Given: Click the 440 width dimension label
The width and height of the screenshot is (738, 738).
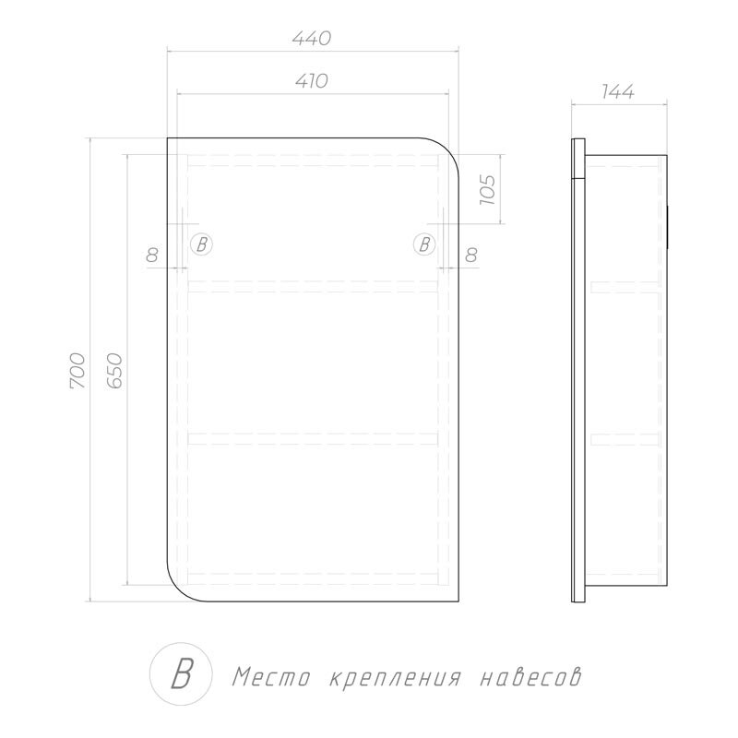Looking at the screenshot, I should [x=312, y=39].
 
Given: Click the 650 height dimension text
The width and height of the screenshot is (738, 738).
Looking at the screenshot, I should [x=114, y=370].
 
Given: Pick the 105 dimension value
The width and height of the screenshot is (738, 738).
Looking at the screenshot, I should [x=488, y=188].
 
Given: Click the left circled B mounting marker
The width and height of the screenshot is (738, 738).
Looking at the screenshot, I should [x=202, y=244].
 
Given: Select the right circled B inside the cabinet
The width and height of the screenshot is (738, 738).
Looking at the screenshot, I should [x=423, y=244].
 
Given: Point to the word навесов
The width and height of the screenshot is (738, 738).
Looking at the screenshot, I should [x=531, y=678].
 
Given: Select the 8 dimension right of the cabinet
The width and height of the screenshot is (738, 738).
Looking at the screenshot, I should [x=471, y=256].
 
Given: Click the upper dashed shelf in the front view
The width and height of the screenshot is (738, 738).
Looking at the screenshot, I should [x=314, y=284].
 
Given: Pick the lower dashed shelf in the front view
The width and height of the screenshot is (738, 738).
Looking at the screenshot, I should [x=314, y=436].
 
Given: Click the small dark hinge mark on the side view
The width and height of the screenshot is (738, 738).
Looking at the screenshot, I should [x=667, y=227].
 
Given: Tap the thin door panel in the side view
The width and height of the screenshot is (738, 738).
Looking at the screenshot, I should [x=578, y=369].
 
